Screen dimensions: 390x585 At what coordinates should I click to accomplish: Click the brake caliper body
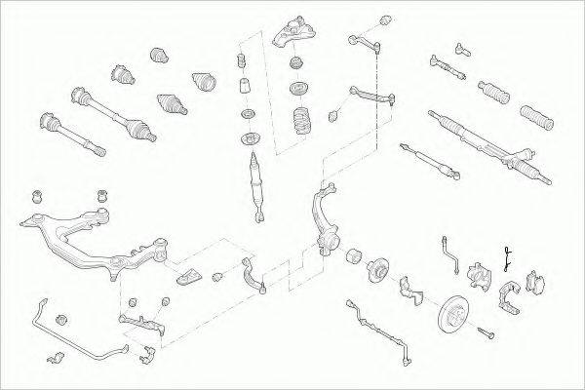click(479, 276)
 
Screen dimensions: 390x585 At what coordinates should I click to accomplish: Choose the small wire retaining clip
click(506, 258)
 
